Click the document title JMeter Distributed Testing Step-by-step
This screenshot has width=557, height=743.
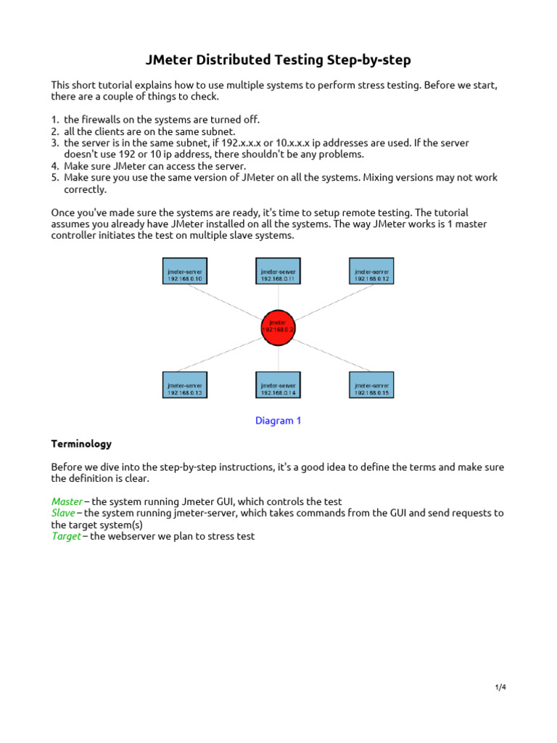pyautogui.click(x=278, y=59)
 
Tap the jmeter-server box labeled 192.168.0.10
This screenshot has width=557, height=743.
pyautogui.click(x=185, y=271)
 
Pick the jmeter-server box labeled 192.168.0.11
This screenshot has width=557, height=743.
pyautogui.click(x=278, y=271)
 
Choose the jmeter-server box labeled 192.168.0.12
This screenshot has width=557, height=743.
pyautogui.click(x=371, y=271)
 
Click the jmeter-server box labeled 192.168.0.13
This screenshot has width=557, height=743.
pyautogui.click(x=185, y=385)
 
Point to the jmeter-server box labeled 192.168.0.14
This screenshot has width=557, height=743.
pyautogui.click(x=278, y=385)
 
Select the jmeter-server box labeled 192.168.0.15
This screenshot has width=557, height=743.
pyautogui.click(x=371, y=385)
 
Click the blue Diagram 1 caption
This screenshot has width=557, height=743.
pyautogui.click(x=278, y=421)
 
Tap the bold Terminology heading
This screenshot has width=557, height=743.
pyautogui.click(x=81, y=443)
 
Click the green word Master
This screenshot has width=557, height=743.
pyautogui.click(x=67, y=501)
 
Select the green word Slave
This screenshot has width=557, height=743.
pyautogui.click(x=63, y=513)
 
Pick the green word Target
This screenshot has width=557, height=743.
pyautogui.click(x=65, y=537)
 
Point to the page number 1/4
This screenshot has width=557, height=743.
pyautogui.click(x=500, y=687)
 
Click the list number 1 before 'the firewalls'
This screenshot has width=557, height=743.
pyautogui.click(x=54, y=120)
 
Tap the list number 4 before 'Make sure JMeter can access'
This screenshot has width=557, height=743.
pyautogui.click(x=54, y=166)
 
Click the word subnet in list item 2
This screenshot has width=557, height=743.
pyautogui.click(x=219, y=131)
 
